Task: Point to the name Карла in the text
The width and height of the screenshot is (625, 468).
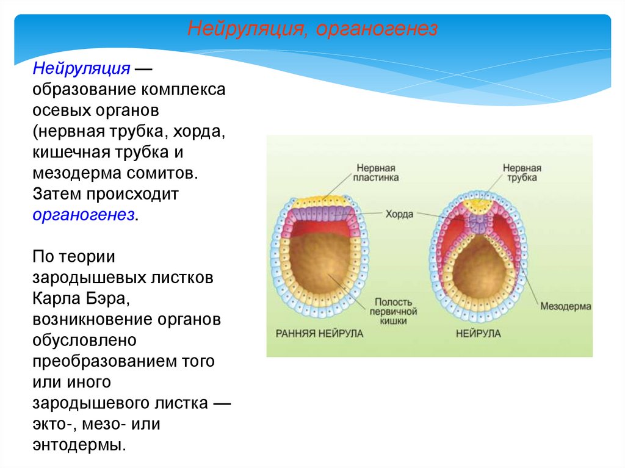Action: pos(60,299)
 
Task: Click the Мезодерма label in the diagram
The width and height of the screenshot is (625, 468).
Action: pos(565,306)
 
